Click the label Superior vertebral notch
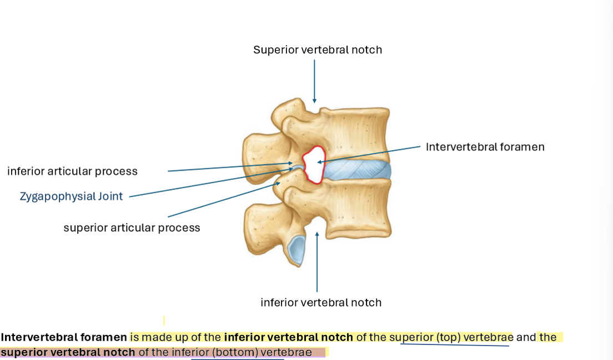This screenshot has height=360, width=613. pyautogui.click(x=318, y=50)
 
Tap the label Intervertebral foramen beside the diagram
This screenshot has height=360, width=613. pyautogui.click(x=485, y=147)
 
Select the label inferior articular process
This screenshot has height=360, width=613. pyautogui.click(x=72, y=171)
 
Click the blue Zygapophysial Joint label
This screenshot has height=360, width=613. pyautogui.click(x=71, y=196)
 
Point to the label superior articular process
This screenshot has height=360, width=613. pyautogui.click(x=132, y=228)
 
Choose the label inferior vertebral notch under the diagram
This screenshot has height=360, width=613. pyautogui.click(x=321, y=303)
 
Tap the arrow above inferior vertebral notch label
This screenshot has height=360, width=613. pyautogui.click(x=317, y=261)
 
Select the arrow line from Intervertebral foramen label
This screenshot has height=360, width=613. pyautogui.click(x=372, y=154)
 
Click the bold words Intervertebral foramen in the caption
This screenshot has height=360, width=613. pyautogui.click(x=64, y=337)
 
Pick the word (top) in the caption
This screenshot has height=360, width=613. pyautogui.click(x=448, y=337)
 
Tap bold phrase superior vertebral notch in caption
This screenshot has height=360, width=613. pyautogui.click(x=68, y=352)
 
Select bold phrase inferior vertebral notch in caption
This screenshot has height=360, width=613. pyautogui.click(x=288, y=337)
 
